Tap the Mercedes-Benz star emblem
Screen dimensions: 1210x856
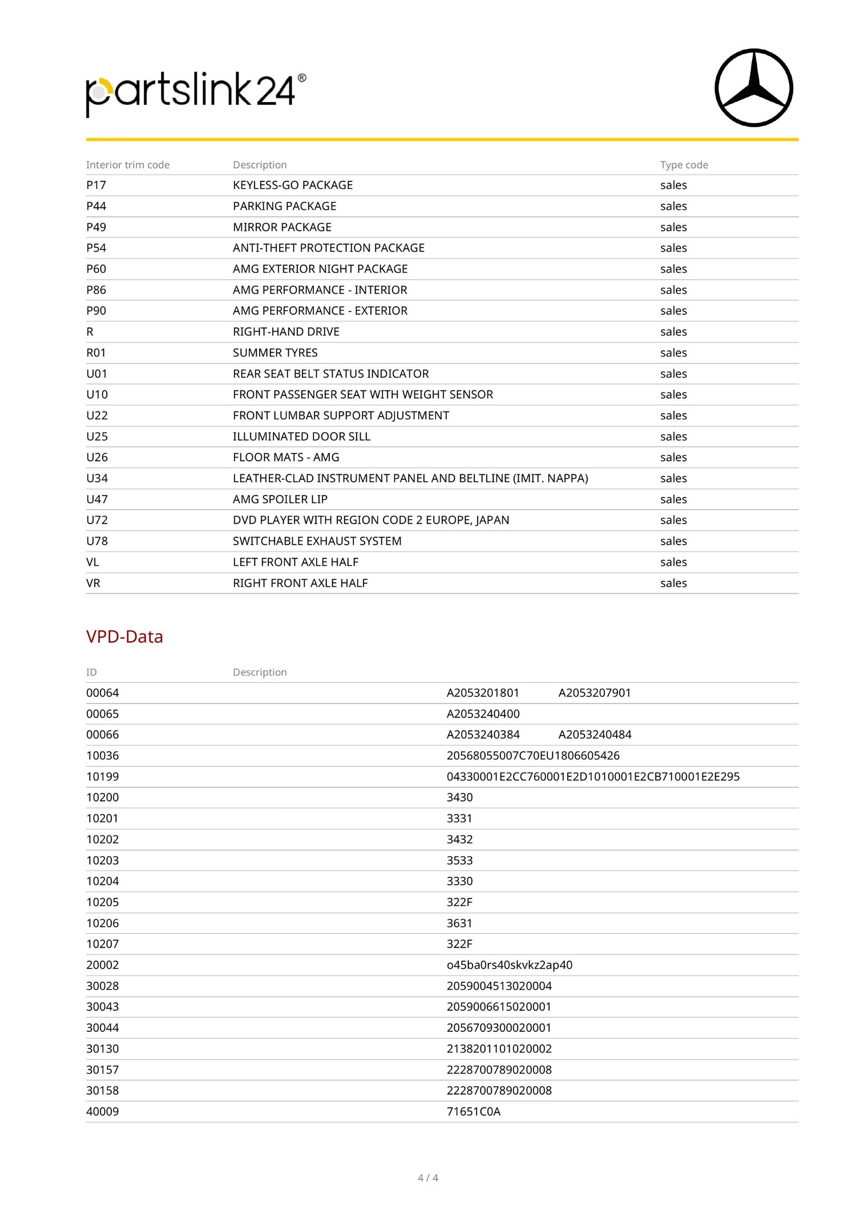(753, 88)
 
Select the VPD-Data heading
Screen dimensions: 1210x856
(124, 637)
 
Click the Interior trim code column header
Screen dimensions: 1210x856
(128, 165)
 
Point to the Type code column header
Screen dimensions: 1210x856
(684, 165)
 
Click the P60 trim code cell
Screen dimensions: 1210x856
(96, 269)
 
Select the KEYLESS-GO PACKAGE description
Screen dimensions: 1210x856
(293, 185)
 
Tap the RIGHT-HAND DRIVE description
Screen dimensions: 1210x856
(286, 331)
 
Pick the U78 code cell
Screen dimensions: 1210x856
(97, 541)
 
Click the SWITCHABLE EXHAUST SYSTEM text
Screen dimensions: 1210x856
(317, 541)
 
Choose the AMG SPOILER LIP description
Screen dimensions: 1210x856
(280, 499)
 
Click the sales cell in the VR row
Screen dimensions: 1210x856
(673, 583)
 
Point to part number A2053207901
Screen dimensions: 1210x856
(594, 693)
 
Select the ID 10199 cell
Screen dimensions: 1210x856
(103, 776)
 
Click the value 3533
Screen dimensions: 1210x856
(459, 860)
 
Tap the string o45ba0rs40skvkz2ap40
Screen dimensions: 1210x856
(509, 965)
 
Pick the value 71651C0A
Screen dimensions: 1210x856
(473, 1111)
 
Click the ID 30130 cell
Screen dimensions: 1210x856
(103, 1049)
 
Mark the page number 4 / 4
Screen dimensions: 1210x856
(428, 1177)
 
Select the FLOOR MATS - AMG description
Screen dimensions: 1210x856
(286, 457)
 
